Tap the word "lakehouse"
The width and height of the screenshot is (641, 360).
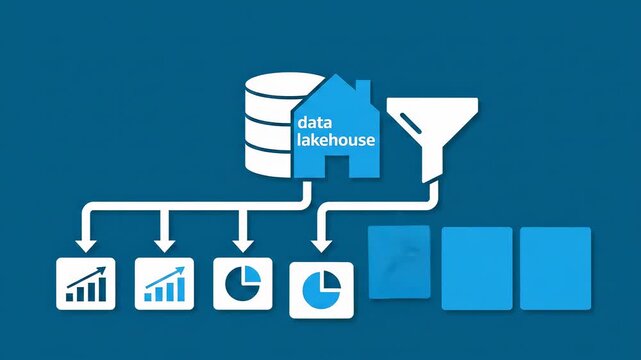coord(336,140)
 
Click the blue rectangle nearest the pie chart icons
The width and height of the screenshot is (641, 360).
coord(400,262)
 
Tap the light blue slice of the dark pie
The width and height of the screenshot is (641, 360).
coord(250,274)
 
